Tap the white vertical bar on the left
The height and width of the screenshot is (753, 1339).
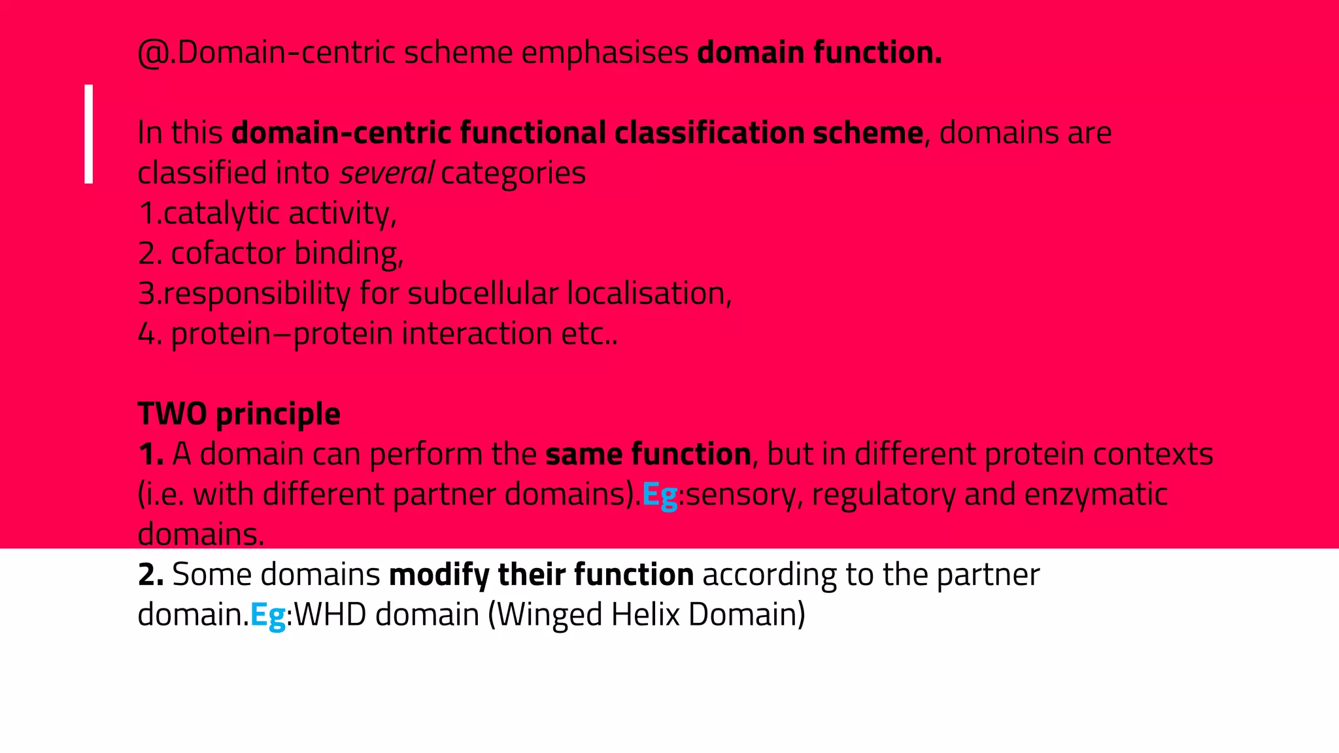[x=89, y=134]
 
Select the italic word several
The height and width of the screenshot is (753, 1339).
[x=386, y=174]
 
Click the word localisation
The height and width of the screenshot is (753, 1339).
[x=648, y=293]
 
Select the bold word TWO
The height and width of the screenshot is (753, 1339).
[x=173, y=414]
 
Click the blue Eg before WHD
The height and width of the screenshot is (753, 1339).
[x=268, y=616]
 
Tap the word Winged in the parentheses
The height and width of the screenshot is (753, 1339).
[x=545, y=616]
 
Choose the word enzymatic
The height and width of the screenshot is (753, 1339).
[x=1096, y=495]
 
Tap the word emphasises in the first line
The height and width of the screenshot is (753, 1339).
[x=604, y=53]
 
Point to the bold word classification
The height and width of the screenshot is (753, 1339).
[x=709, y=133]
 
